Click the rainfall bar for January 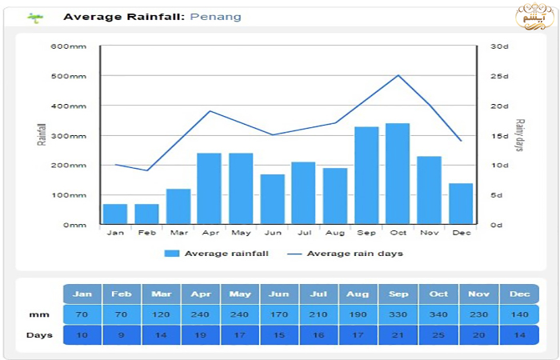coord(115,214)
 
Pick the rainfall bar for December coord(461,203)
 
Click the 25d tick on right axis coord(500,76)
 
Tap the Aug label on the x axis coord(335,233)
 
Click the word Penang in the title coord(215,17)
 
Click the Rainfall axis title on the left coord(42,134)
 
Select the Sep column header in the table coord(398,294)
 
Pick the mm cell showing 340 coord(438,314)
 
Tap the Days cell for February coord(122,335)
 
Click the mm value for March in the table coord(162,314)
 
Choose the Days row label coord(34,335)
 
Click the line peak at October coord(398,75)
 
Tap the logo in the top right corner coord(532,16)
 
